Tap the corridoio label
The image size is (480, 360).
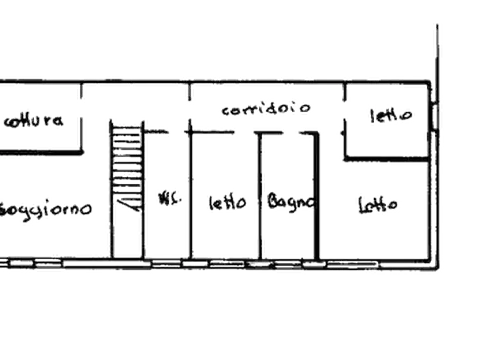click(266, 110)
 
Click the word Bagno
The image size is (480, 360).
click(290, 203)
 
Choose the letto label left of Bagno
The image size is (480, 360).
click(226, 203)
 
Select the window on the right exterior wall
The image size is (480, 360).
click(437, 116)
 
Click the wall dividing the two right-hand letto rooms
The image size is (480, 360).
click(387, 159)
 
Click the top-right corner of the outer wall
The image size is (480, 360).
click(431, 82)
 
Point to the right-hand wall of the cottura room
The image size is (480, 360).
click(82, 132)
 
